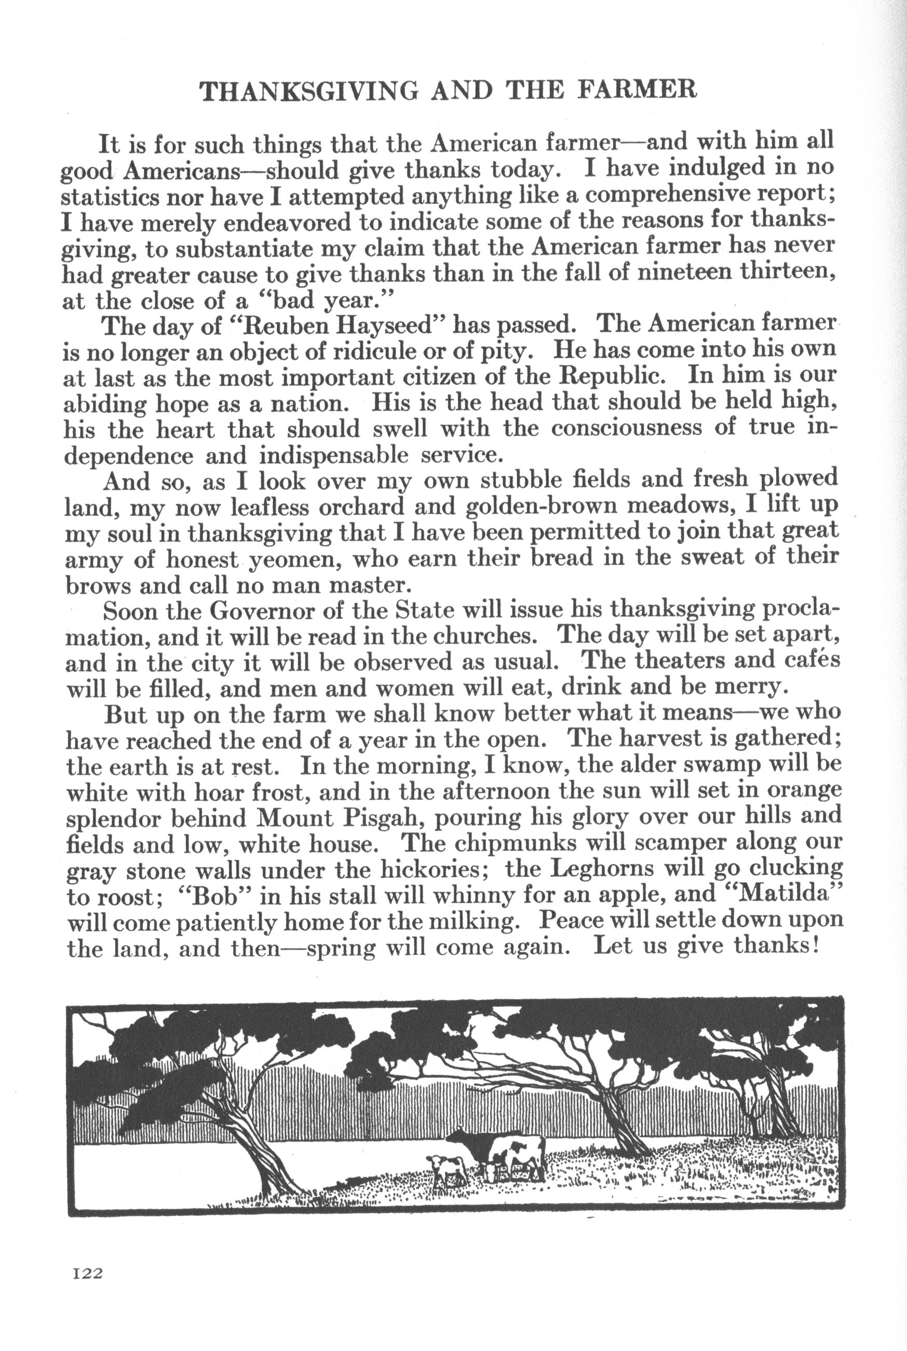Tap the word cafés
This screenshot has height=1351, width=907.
pyautogui.click(x=811, y=661)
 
